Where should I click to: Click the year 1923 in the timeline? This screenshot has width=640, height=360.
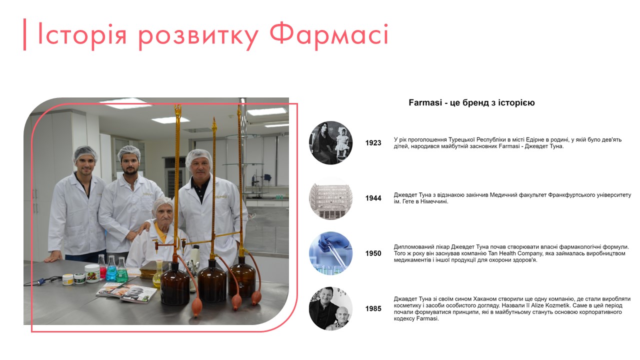pos(373,143)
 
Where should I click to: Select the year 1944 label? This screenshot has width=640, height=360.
pos(373,198)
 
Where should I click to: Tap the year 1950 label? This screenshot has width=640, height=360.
pos(373,253)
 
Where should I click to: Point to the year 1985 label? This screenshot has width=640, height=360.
pos(373,309)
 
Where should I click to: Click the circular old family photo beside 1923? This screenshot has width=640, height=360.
pos(330,142)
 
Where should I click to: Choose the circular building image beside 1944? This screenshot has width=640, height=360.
pos(330,198)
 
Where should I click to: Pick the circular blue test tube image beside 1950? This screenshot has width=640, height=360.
pos(330,253)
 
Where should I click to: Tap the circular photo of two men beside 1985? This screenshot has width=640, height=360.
pos(330,308)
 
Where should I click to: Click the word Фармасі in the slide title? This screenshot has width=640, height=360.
pos(328,35)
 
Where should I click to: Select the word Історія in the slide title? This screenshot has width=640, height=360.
pos(84,35)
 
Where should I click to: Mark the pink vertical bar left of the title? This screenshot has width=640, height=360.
pos(24,34)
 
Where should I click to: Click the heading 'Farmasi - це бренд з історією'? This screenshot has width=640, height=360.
pos(471,103)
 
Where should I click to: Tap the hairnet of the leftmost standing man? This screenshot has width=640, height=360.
pos(85,152)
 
